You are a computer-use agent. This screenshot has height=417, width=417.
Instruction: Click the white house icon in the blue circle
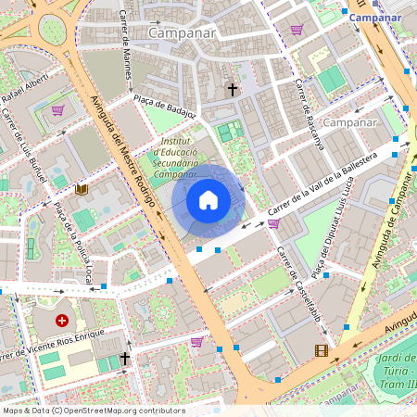[208, 200]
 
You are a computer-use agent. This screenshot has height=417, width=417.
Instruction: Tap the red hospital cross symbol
[62, 321]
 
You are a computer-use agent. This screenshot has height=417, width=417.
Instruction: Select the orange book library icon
[82, 189]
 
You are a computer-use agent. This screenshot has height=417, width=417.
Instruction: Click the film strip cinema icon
[322, 350]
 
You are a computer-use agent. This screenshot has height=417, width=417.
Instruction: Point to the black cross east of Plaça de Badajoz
[233, 90]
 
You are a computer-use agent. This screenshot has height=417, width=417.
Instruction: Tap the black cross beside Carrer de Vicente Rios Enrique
[124, 357]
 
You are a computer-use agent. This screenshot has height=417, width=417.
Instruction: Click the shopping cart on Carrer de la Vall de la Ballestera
[273, 222]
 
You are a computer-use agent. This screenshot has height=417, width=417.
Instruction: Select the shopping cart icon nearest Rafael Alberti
[57, 110]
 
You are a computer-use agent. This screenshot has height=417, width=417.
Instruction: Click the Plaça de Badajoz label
[167, 107]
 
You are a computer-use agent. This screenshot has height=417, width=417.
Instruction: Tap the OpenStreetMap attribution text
[93, 411]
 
